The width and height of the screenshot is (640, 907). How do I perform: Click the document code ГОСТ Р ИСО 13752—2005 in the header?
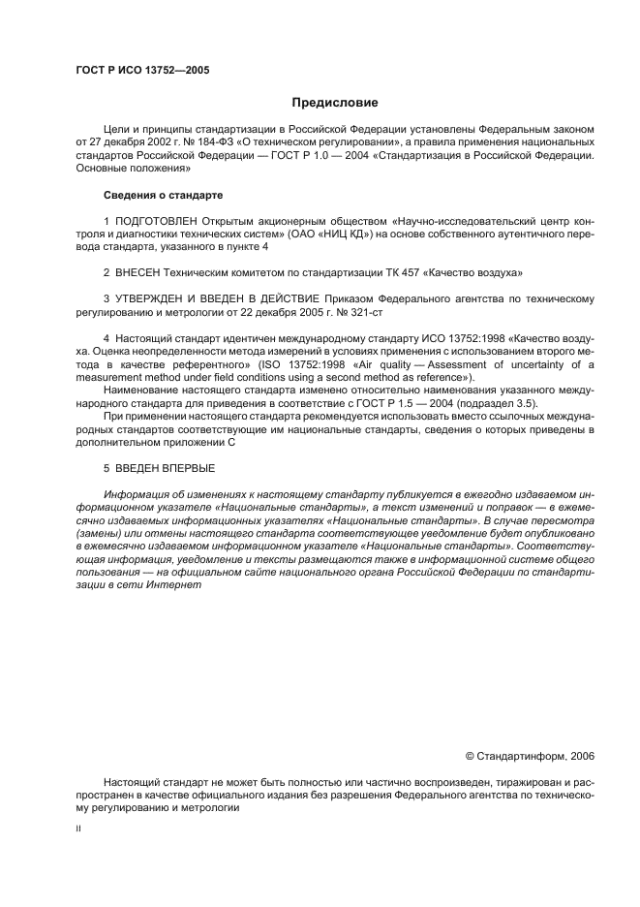click(142, 70)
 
